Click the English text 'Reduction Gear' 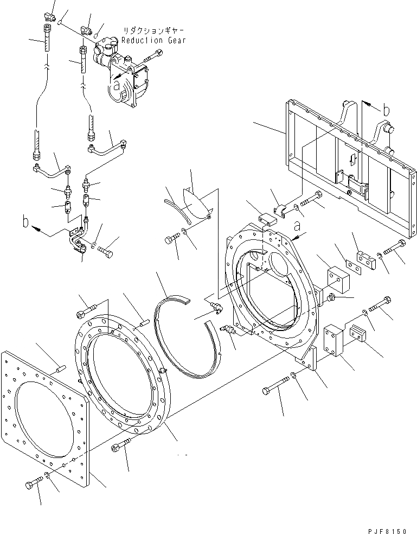point(153,40)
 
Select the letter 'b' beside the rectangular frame point(386,110)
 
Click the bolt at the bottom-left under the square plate point(33,483)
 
